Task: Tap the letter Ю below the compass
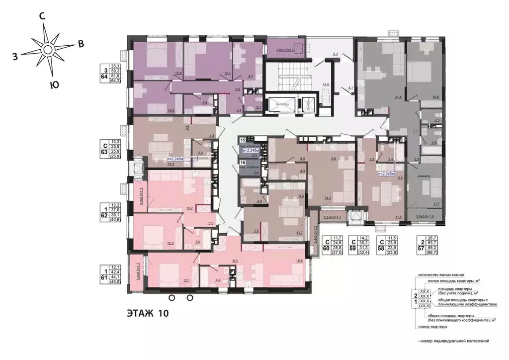(55, 85)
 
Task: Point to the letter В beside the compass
(80, 44)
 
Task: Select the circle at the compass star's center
(48, 50)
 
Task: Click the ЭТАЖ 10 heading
(148, 314)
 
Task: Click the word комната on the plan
(424, 176)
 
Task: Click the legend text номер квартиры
(432, 327)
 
